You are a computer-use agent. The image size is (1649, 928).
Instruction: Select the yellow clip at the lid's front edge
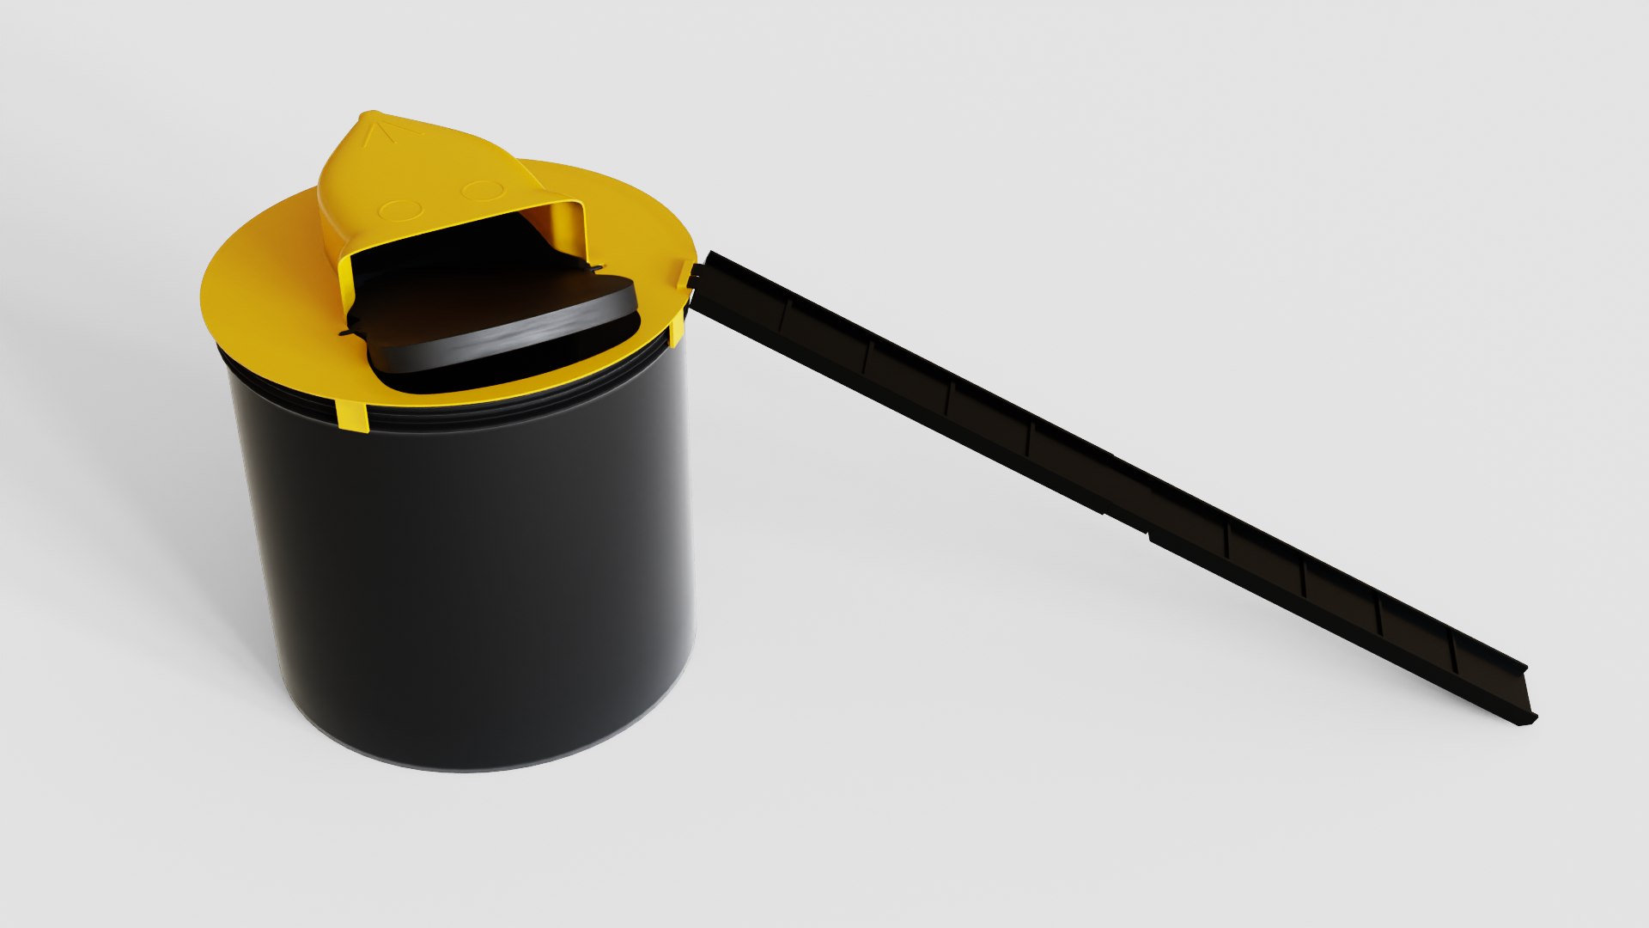(352, 415)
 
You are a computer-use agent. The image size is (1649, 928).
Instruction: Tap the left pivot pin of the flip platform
(347, 333)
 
